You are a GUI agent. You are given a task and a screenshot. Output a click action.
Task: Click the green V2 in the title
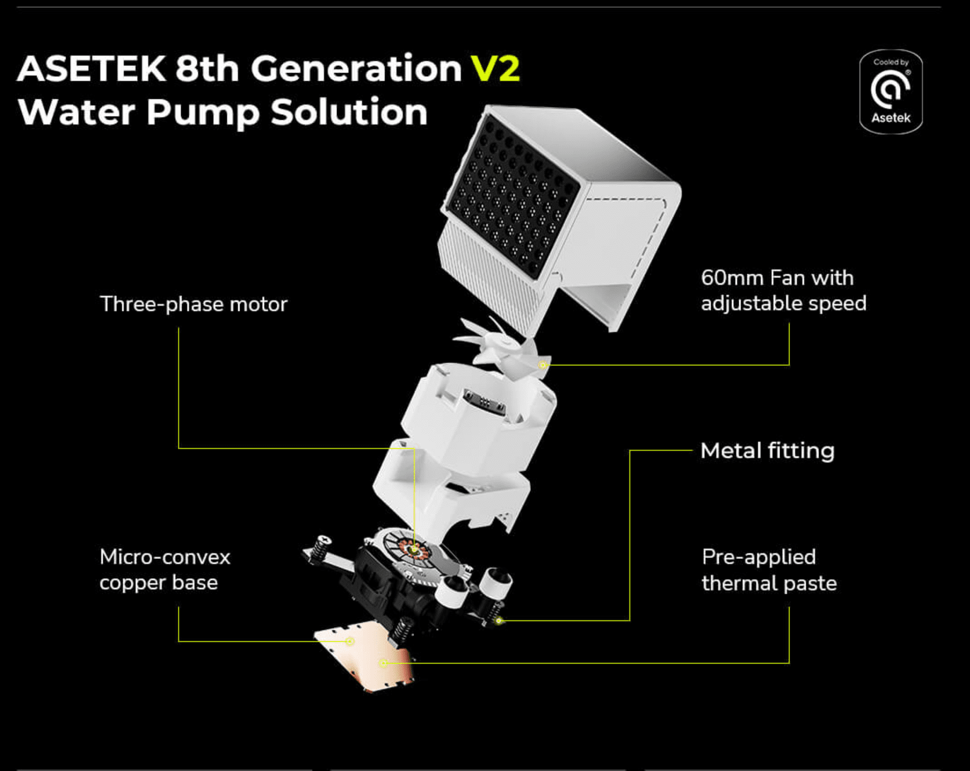(495, 68)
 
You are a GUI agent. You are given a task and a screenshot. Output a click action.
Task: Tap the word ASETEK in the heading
(91, 68)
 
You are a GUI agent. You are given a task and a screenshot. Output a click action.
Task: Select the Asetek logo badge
(891, 91)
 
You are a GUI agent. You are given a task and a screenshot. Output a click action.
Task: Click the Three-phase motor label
(193, 305)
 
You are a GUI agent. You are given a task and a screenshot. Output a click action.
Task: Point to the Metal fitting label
(768, 450)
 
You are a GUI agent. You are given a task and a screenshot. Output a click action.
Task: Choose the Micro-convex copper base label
(165, 569)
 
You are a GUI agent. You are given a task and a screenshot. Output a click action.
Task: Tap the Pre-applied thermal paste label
(769, 570)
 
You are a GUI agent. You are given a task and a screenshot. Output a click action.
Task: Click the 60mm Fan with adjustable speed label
(783, 291)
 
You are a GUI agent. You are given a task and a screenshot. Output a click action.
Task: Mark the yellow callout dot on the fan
(543, 365)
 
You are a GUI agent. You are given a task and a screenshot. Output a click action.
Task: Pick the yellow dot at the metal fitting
(498, 621)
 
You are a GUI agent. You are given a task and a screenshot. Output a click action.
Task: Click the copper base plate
(364, 656)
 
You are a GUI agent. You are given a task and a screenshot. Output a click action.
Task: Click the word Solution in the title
(349, 112)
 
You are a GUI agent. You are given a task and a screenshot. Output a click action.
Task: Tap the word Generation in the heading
(356, 68)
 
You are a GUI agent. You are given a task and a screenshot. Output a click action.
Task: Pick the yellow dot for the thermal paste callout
(383, 663)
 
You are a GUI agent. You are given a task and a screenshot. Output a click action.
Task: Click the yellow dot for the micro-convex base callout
(350, 641)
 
